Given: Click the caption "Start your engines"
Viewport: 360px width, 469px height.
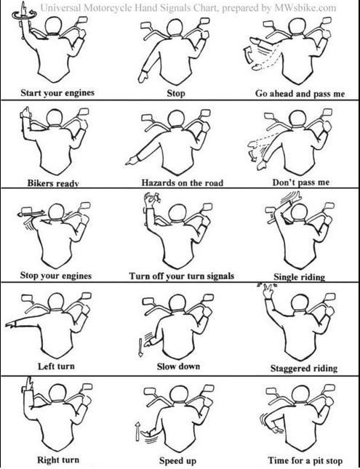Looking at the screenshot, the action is pos(57,93).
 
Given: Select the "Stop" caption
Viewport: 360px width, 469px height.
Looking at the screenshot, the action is pos(176,93).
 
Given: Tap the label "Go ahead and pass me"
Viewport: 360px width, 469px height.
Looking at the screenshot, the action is pos(300,94).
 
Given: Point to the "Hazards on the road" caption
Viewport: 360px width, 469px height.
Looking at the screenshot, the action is pos(183,183).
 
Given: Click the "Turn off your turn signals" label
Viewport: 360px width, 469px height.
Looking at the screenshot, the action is pos(181,276).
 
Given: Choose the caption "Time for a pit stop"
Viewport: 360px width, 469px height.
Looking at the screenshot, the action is pos(305,460).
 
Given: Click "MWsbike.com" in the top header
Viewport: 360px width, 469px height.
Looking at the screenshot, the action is pos(305,8).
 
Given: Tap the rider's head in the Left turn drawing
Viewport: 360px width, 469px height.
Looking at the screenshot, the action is pos(56,301).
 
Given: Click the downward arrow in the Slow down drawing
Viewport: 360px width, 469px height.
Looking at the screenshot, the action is pos(140,348).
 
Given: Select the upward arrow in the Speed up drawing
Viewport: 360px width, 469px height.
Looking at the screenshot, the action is pos(137,431).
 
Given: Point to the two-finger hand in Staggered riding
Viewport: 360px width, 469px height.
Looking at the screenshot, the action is pos(268,290).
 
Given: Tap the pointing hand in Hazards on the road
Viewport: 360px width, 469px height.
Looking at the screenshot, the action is pos(132,161).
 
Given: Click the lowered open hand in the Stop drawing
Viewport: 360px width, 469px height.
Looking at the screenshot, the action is pos(143,77).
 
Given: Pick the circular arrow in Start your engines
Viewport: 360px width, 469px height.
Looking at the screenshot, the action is pos(25,15).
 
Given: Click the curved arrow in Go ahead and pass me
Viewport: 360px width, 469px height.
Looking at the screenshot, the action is pos(248,55).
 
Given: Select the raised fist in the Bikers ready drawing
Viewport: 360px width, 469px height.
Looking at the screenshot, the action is pos(25,113).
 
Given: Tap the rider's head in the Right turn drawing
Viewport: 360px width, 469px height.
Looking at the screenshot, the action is pos(57,392).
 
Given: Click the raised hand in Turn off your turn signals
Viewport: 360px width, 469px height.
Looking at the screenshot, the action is pos(151,200).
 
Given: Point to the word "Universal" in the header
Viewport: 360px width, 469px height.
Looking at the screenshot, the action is pos(60,7).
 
